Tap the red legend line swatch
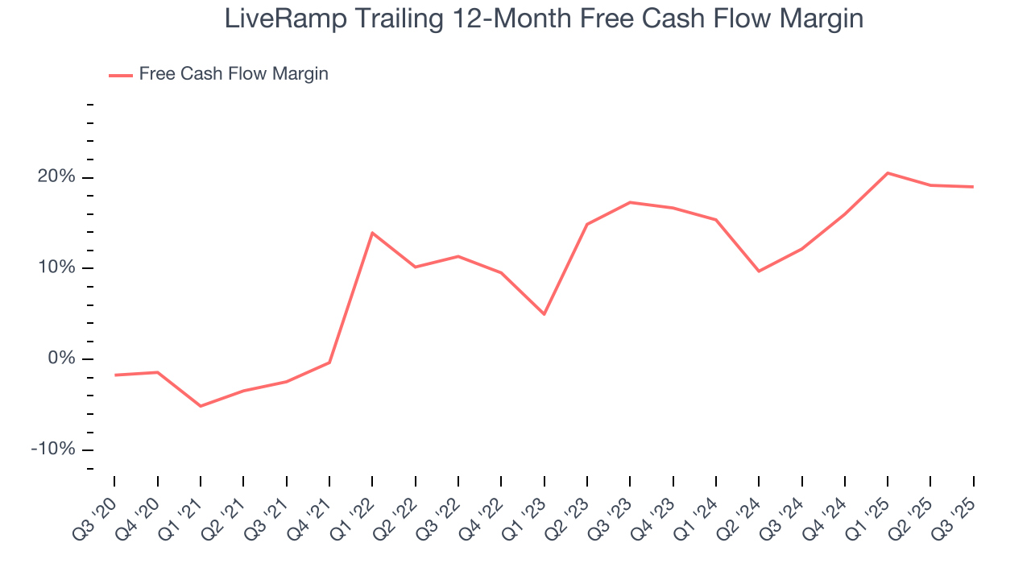121,75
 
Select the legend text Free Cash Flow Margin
234,74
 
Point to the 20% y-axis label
57,177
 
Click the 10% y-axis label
57,267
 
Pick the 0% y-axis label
61,358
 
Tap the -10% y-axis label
53,449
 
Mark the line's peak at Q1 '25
888,173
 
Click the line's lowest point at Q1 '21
201,406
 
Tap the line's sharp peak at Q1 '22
372,233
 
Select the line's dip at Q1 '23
544,314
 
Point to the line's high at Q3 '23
630,202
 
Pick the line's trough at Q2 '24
759,271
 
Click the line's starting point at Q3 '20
115,375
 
